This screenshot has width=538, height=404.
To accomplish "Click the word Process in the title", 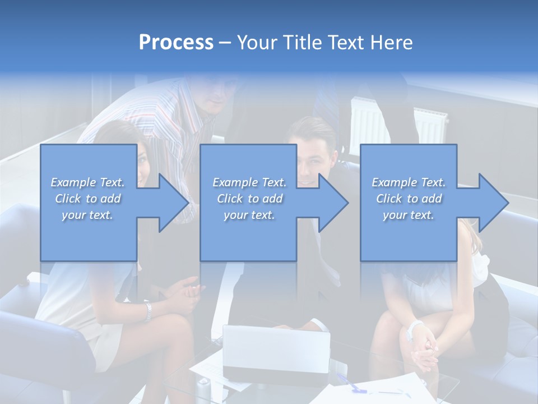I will [176, 43].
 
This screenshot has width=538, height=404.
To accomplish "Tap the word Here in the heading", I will [390, 43].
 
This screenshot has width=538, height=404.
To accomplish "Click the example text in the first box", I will [88, 199].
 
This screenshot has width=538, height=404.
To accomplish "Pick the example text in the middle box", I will [249, 199].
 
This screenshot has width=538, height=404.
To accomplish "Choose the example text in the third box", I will [409, 199].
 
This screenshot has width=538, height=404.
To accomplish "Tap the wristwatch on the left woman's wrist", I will [147, 311].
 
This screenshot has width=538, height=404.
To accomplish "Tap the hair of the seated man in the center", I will [311, 130].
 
